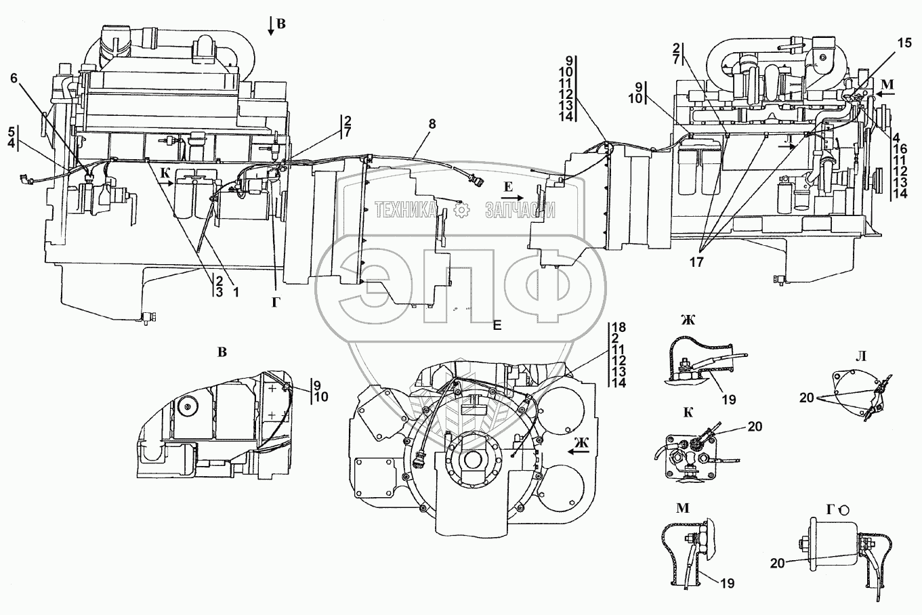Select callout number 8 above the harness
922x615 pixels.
(x=432, y=124)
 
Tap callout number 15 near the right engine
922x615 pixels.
(x=905, y=43)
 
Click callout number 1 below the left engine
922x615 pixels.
(x=236, y=293)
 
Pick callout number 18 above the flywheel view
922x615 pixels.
(x=619, y=328)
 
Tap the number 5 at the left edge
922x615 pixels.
(x=11, y=130)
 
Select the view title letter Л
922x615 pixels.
(x=861, y=356)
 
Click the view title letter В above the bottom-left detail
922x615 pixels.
(x=222, y=352)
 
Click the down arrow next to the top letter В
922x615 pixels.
(x=270, y=26)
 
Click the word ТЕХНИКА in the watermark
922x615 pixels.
(x=405, y=211)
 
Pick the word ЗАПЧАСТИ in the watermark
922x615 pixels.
(x=520, y=211)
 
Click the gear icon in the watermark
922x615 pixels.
(x=461, y=211)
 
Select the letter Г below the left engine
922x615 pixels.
(x=275, y=303)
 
